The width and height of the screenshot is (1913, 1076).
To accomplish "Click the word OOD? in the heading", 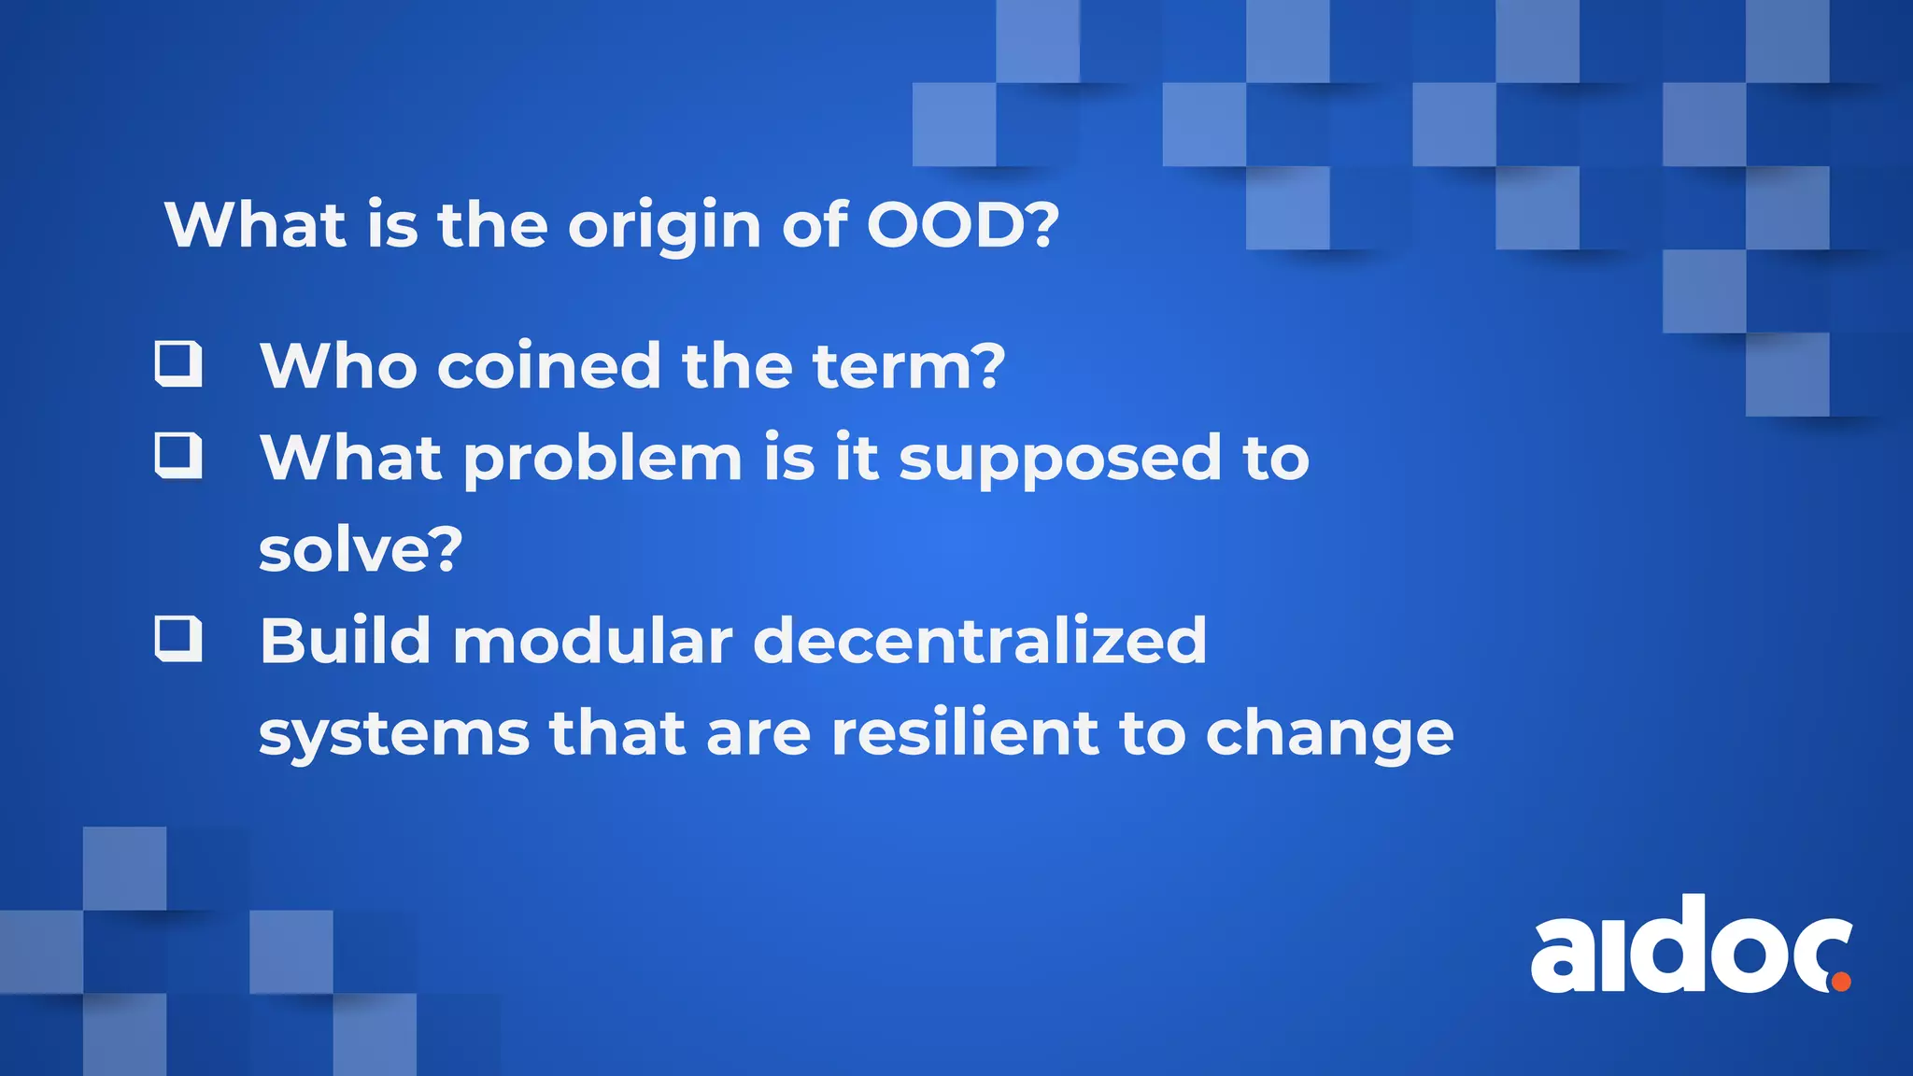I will pyautogui.click(x=963, y=225).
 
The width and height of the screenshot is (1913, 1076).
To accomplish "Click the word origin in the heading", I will pyautogui.click(x=664, y=227).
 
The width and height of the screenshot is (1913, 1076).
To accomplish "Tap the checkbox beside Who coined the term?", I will pyautogui.click(x=178, y=364).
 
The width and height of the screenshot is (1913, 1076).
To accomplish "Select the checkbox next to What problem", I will pyautogui.click(x=178, y=455).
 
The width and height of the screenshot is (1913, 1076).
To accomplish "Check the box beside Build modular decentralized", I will pyautogui.click(x=178, y=638).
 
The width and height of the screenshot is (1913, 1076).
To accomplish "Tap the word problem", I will pyautogui.click(x=603, y=459).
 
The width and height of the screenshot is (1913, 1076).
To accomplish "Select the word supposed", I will pyautogui.click(x=1059, y=459).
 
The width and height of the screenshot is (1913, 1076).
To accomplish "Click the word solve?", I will pyautogui.click(x=361, y=549).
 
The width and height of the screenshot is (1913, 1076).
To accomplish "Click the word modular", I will pyautogui.click(x=592, y=641).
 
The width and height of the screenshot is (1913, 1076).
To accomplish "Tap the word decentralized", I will pyautogui.click(x=980, y=641).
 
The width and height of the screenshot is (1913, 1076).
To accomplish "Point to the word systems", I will pyautogui.click(x=393, y=734).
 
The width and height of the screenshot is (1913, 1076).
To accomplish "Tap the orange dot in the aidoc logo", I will pyautogui.click(x=1840, y=981).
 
